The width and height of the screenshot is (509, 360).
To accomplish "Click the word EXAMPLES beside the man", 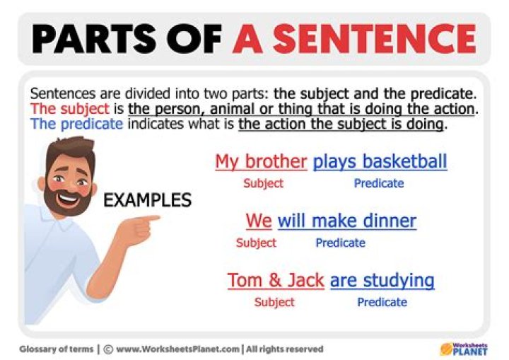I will coord(147,200).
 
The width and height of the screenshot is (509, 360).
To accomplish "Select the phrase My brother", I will coord(261,161).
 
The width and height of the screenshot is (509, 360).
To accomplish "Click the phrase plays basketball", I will coord(380,161).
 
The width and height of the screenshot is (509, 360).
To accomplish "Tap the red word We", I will coord(259,221).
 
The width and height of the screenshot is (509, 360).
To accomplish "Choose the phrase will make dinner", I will coord(346,221).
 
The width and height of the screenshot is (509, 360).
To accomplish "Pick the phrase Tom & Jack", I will coord(276,280).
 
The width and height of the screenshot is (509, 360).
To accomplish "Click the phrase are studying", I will coord(382,280).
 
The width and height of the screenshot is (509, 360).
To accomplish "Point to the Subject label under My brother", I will coord(263,183).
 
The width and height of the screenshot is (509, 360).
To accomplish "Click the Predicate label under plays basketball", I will coord(379,183).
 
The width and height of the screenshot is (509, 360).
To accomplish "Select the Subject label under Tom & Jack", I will coord(274,302).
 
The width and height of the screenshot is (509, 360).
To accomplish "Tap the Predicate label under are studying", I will coord(382,302).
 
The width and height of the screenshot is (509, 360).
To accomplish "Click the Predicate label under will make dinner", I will coord(340,243).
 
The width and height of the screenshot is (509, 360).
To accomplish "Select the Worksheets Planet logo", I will coord(464,348).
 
